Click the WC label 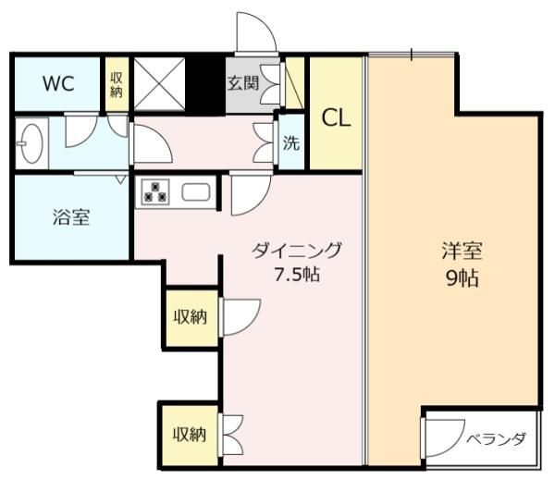[58, 83]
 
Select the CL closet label [336, 118]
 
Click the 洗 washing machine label [291, 142]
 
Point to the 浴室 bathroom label [71, 217]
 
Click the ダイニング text [297, 251]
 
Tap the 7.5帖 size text [297, 275]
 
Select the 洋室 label [462, 251]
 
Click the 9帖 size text [462, 278]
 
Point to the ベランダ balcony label [495, 439]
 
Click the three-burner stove [155, 192]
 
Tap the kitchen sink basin [196, 192]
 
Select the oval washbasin [31, 143]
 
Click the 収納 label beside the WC [117, 85]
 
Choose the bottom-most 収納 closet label [190, 435]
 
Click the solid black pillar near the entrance [205, 85]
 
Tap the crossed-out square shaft [159, 84]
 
